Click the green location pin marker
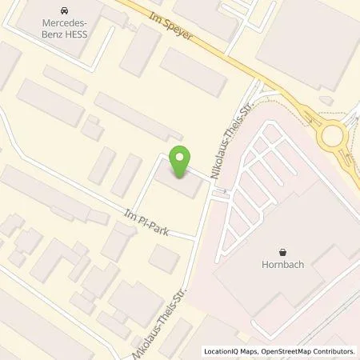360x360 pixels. click(180, 162)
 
